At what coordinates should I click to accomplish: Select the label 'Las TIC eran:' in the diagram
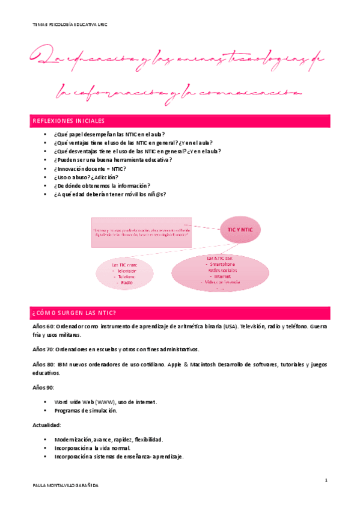click(124, 264)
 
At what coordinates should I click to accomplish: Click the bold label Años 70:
click(43, 349)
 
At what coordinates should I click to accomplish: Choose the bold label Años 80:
click(43, 364)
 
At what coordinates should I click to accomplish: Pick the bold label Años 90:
click(43, 388)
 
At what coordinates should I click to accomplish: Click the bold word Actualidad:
click(46, 425)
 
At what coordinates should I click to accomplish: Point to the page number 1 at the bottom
click(325, 480)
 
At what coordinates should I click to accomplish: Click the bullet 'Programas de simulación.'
click(85, 410)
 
